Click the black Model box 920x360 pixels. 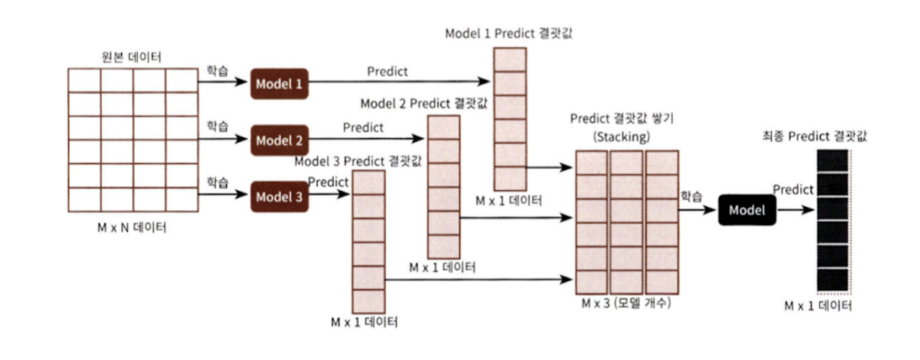click(x=748, y=210)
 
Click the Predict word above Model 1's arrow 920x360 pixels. click(x=387, y=71)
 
